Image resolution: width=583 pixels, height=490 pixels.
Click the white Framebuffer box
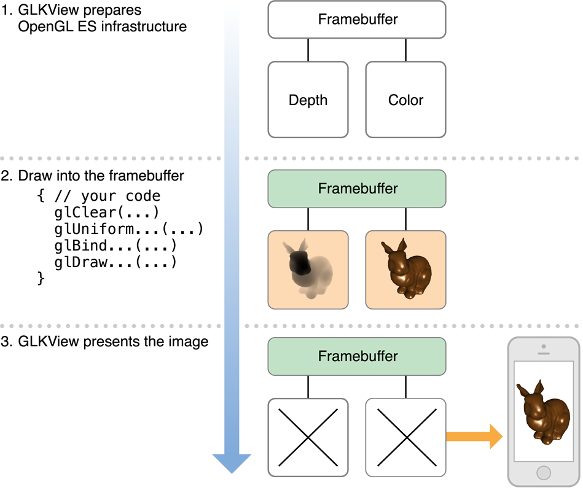[356, 19]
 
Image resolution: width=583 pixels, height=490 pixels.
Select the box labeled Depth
[308, 99]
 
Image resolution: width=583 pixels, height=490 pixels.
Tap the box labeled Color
[405, 99]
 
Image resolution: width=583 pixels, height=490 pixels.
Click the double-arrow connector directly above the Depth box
[308, 50]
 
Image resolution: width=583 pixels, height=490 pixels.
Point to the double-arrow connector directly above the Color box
[405, 50]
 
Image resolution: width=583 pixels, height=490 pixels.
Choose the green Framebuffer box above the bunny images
[356, 189]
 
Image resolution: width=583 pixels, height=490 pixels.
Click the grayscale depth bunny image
[308, 270]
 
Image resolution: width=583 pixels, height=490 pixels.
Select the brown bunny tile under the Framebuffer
[405, 270]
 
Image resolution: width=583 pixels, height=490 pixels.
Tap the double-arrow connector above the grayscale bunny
[308, 219]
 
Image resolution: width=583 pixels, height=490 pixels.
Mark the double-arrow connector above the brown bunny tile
[405, 219]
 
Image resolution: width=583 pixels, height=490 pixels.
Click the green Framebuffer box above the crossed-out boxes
[356, 356]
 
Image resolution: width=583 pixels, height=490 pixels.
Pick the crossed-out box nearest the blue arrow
[308, 437]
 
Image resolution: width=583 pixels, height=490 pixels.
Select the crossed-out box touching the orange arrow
[405, 437]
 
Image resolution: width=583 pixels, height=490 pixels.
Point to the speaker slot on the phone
[544, 354]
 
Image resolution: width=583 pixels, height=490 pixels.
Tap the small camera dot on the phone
[544, 346]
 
